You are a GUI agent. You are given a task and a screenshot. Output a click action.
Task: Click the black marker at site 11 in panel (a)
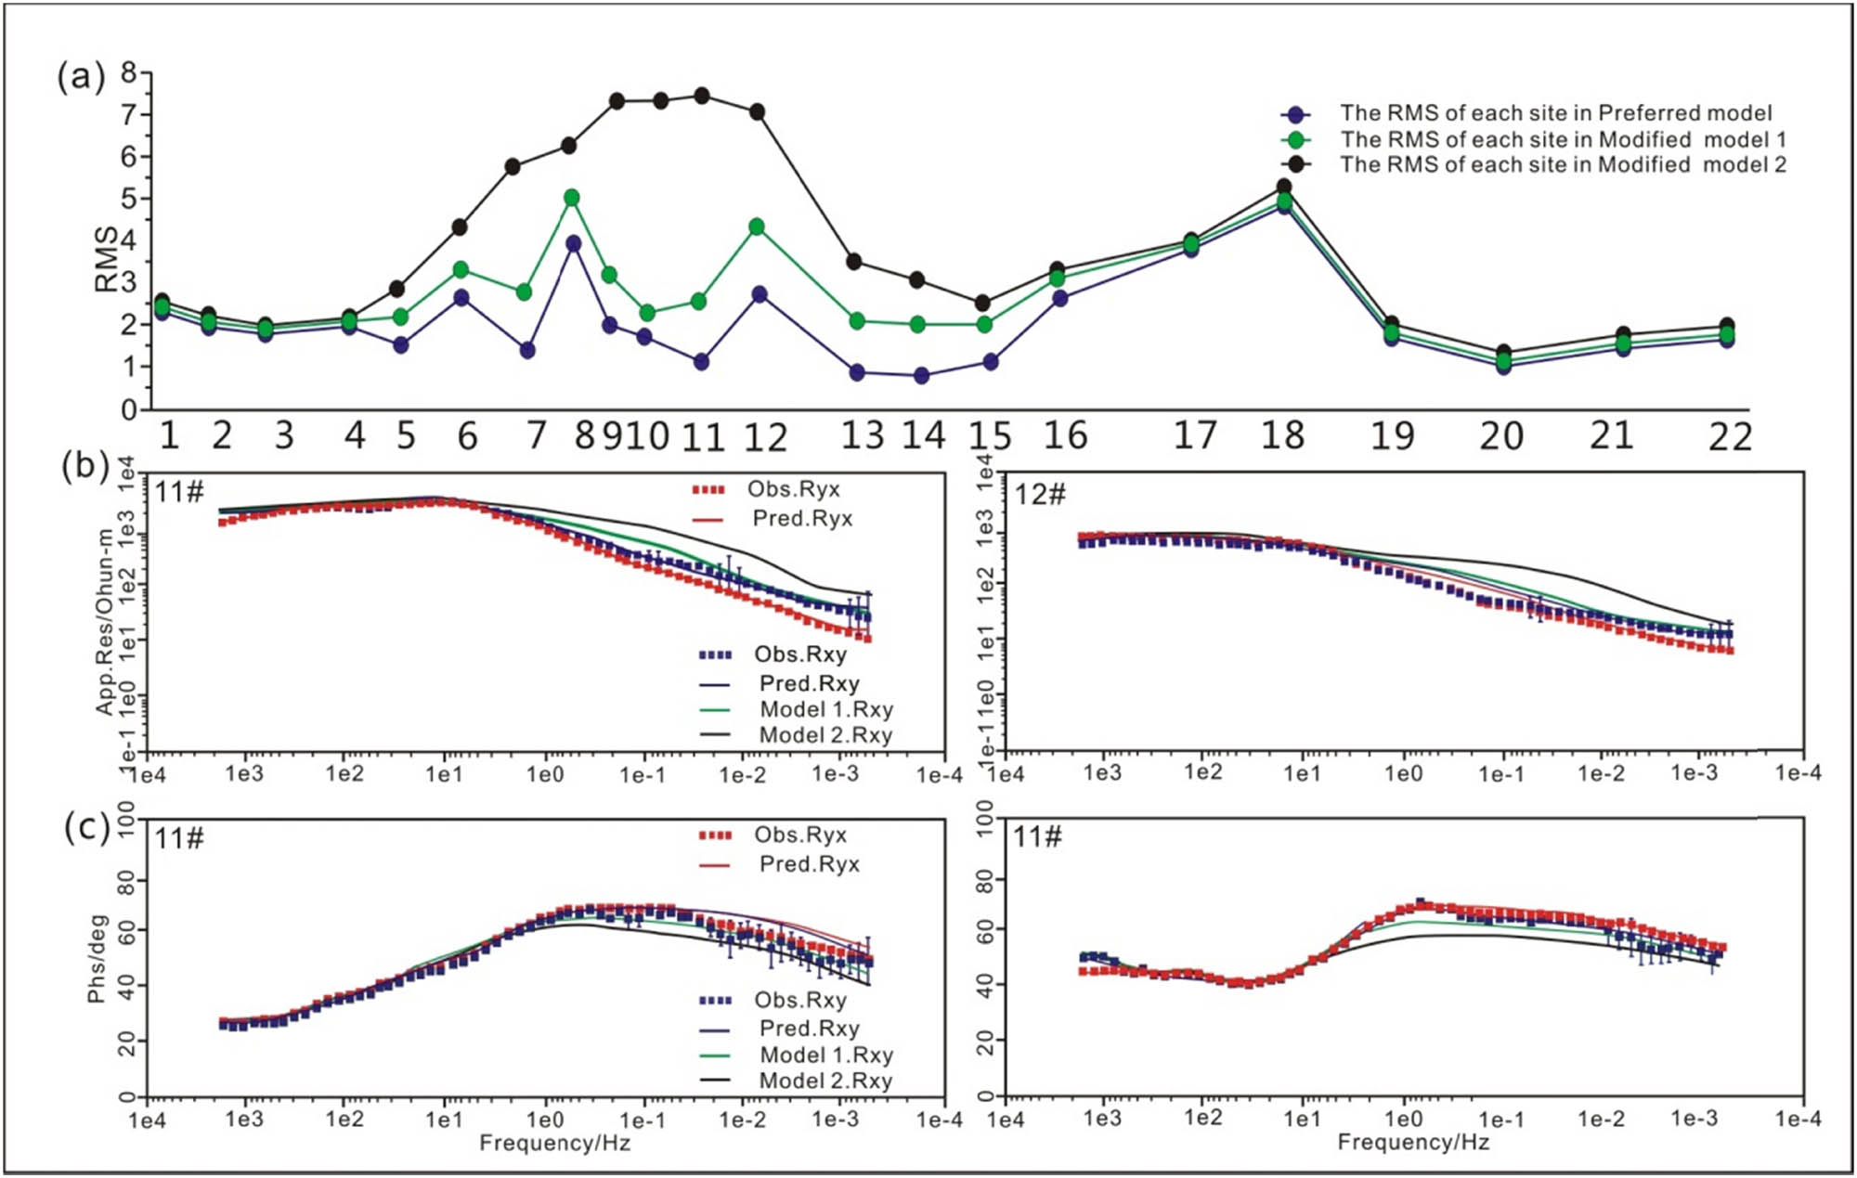[702, 96]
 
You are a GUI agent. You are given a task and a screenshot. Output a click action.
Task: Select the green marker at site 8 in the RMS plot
[572, 198]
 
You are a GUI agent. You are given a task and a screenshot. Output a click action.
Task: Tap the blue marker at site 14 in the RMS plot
[921, 376]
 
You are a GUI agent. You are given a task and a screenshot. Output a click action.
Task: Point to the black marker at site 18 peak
[1284, 187]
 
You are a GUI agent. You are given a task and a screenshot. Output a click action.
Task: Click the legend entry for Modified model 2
[1563, 165]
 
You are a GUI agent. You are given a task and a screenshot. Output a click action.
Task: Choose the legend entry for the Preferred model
[1555, 113]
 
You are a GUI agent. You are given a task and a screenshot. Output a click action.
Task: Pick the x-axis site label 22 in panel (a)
[1730, 436]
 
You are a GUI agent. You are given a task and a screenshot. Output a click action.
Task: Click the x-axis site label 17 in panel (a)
[1195, 435]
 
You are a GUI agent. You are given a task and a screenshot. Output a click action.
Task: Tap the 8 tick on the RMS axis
[129, 72]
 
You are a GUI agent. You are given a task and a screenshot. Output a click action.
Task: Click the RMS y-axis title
[107, 259]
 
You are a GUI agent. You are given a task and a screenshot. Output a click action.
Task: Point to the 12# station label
[1040, 494]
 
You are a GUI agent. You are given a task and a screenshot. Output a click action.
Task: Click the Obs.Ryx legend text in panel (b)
[793, 490]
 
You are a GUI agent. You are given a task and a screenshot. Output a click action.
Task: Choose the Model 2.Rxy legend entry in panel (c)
[825, 1081]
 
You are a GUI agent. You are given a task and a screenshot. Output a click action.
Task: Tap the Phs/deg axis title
[97, 959]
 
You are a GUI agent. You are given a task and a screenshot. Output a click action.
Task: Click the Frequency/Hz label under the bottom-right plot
[1412, 1143]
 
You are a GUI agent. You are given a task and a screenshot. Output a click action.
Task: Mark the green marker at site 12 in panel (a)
[757, 227]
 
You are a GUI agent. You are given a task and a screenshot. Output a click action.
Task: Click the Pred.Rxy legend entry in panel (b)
[809, 683]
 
